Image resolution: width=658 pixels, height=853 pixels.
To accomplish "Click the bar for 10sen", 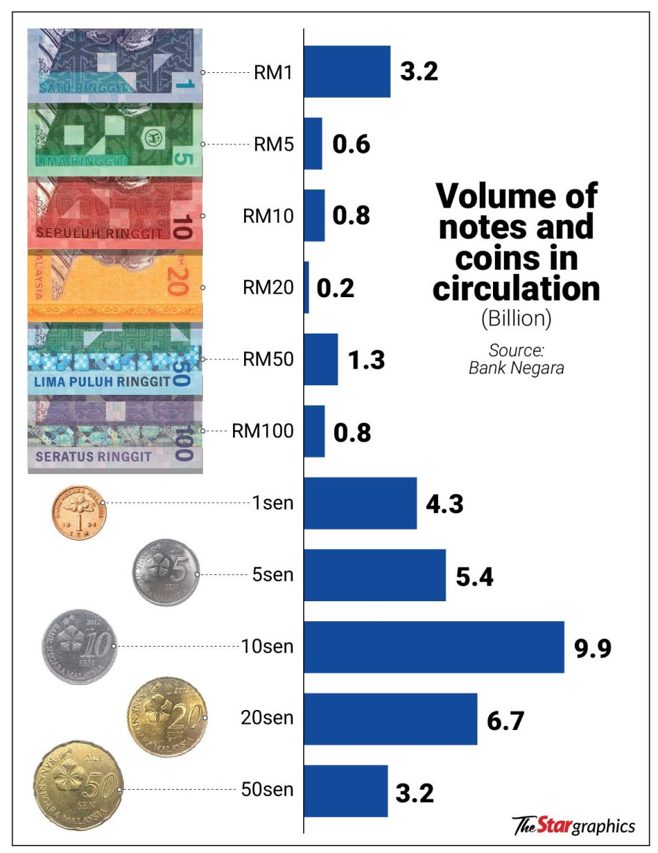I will tap(433, 647).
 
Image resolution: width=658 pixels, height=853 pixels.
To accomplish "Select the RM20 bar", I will tap(307, 288).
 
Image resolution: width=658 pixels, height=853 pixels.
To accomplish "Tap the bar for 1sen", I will tap(360, 503).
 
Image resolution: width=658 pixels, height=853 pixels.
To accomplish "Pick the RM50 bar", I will tap(320, 359).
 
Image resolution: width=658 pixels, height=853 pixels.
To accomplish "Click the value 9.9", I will tap(593, 648).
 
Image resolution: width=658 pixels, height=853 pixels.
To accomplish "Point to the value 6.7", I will tap(505, 720).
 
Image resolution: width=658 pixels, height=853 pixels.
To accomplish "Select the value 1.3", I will tap(366, 360).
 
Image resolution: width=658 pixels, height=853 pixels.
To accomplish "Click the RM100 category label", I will tap(263, 431).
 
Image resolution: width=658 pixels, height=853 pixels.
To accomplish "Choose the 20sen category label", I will tap(267, 718).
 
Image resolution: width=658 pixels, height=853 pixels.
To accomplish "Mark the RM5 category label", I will tap(274, 144).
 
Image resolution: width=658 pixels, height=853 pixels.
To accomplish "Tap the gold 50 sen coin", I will tap(78, 786).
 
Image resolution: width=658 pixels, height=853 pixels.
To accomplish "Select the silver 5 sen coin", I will tap(166, 572).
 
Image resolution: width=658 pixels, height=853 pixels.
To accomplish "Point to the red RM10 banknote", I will tap(115, 213).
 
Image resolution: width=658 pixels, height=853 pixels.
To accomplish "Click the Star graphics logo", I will tap(573, 825).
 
